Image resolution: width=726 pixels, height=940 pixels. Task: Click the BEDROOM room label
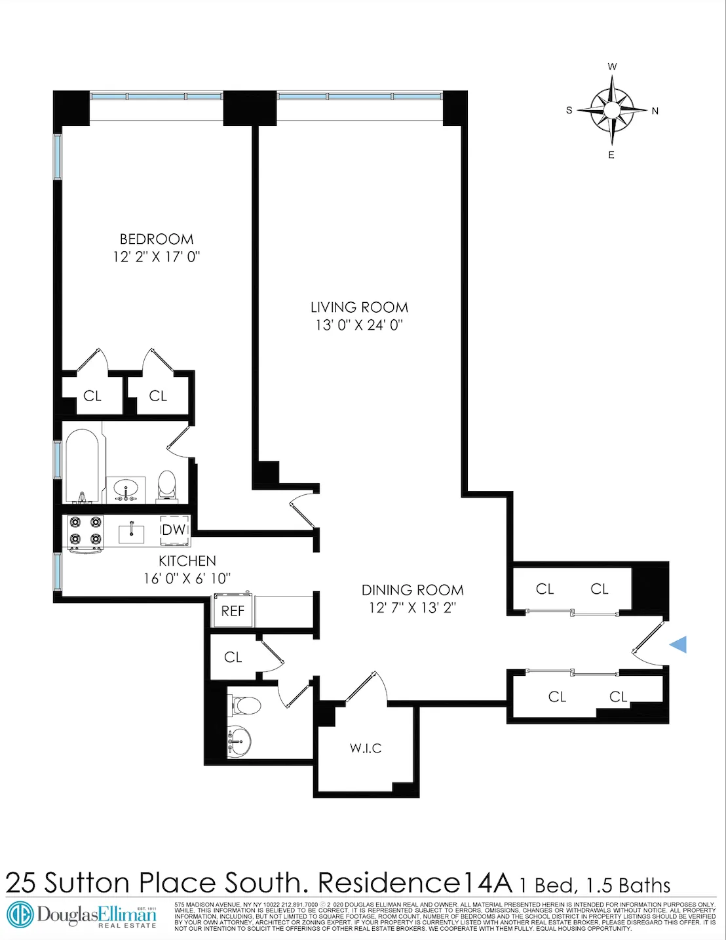pyautogui.click(x=156, y=239)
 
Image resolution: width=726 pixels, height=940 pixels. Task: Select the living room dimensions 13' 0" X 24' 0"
pyautogui.click(x=359, y=325)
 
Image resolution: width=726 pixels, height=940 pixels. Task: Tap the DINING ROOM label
pyautogui.click(x=412, y=590)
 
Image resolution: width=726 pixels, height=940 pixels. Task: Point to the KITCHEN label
pyautogui.click(x=187, y=561)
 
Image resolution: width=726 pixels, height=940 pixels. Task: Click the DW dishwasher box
pyautogui.click(x=174, y=530)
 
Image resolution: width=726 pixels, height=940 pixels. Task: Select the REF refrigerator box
pyautogui.click(x=233, y=611)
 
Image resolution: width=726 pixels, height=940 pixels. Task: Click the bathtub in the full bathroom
pyautogui.click(x=82, y=465)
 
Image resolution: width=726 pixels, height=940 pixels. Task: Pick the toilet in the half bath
pyautogui.click(x=245, y=706)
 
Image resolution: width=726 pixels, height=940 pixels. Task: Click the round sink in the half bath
pyautogui.click(x=240, y=741)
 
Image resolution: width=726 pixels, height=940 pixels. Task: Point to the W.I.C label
pyautogui.click(x=366, y=749)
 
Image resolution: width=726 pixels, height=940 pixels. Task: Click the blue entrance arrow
pyautogui.click(x=678, y=644)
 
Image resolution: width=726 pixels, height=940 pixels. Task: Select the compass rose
pyautogui.click(x=611, y=109)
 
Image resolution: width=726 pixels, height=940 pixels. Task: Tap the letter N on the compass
pyautogui.click(x=655, y=111)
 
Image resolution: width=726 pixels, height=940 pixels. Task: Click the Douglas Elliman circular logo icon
pyautogui.click(x=20, y=914)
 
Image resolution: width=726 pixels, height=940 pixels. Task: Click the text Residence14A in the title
pyautogui.click(x=415, y=883)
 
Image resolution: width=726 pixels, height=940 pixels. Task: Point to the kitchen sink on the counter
pyautogui.click(x=132, y=533)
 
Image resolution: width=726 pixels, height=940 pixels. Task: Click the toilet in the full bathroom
pyautogui.click(x=167, y=484)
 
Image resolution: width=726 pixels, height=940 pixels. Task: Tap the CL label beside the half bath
pyautogui.click(x=233, y=657)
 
